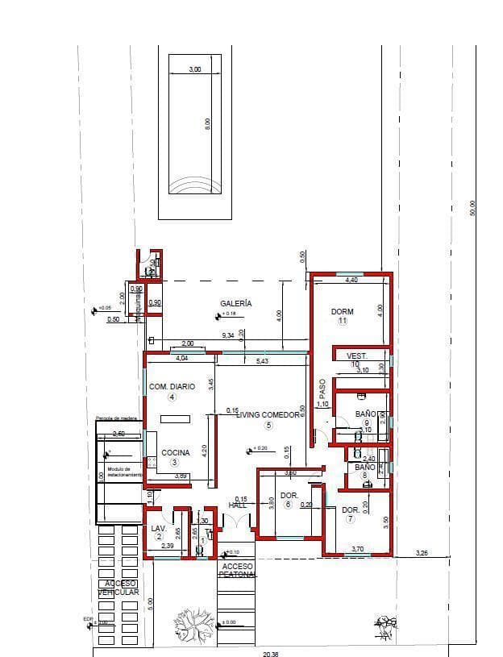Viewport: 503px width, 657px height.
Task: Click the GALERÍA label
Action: tap(236, 304)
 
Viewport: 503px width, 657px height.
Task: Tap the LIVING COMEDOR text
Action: tap(268, 414)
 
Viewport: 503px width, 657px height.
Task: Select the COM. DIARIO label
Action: tap(173, 387)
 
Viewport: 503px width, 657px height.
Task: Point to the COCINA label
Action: tap(176, 453)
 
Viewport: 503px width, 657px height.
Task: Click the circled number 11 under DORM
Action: tap(342, 321)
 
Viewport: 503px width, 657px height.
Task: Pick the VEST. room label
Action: tap(357, 356)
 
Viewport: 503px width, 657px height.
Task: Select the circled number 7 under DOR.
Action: tap(350, 519)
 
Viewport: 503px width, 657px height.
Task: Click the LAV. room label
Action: tap(158, 528)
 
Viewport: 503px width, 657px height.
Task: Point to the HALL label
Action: tap(238, 505)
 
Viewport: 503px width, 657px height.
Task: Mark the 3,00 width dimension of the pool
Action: tap(194, 70)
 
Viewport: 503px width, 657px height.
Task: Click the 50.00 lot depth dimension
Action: tap(473, 208)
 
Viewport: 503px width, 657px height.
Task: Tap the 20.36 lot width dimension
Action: tap(271, 654)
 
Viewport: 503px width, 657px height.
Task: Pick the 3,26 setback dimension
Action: tap(421, 553)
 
